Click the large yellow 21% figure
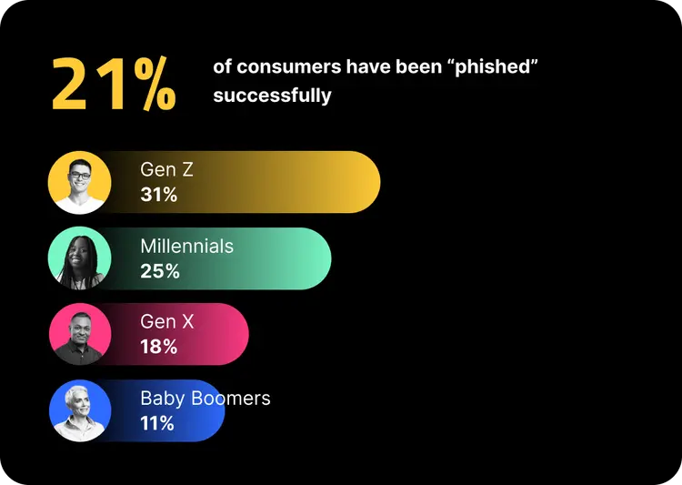[x=114, y=84]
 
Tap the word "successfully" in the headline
[x=272, y=95]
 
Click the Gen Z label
[x=166, y=169]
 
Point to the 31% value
[x=158, y=194]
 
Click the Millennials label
[x=186, y=246]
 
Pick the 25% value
[x=159, y=270]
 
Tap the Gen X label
[x=166, y=321]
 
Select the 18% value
[x=158, y=346]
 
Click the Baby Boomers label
[x=205, y=398]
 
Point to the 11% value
[x=156, y=422]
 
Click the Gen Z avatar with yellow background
[x=80, y=182]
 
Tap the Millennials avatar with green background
[x=80, y=258]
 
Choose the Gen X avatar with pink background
[x=80, y=334]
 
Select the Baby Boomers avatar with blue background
[x=80, y=410]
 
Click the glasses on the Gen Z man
[x=80, y=174]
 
